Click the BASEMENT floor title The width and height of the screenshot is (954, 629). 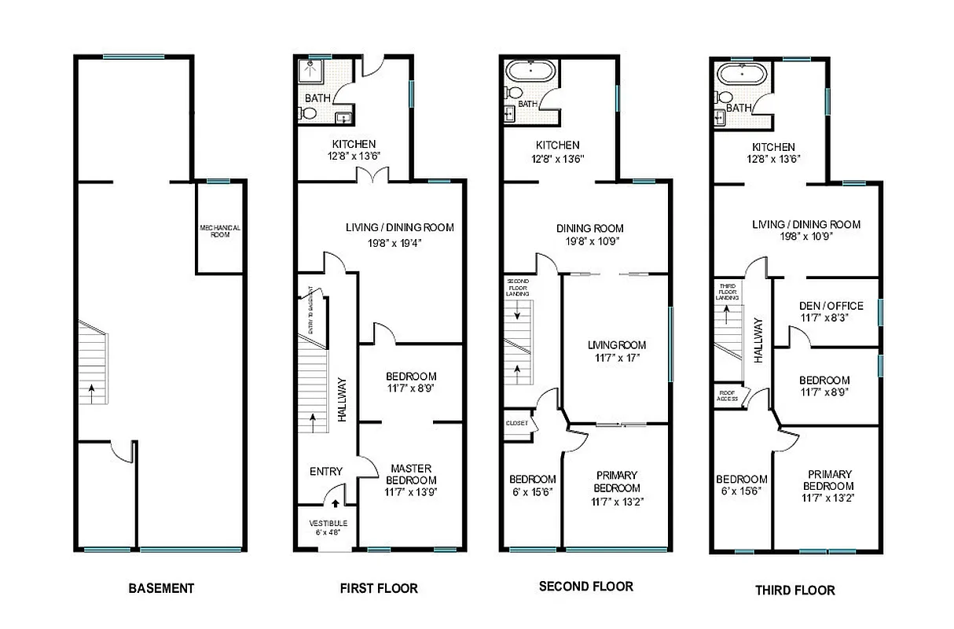point(160,588)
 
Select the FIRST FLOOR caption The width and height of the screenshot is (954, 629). point(378,588)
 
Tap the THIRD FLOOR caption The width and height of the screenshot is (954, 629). point(794,590)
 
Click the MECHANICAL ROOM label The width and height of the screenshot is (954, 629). point(219,231)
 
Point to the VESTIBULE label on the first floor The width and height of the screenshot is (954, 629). point(328,527)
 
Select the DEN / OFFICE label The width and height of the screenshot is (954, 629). point(831,306)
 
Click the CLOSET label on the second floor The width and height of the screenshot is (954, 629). point(517,423)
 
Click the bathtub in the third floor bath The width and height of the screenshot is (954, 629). point(743,77)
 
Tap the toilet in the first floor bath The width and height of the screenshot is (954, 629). point(307,114)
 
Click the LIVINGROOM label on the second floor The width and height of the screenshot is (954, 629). point(616,345)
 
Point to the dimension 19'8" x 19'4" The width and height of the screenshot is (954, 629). point(399,242)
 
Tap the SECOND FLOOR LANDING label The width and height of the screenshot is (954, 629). point(518,287)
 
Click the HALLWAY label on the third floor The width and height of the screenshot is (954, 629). point(758,339)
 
